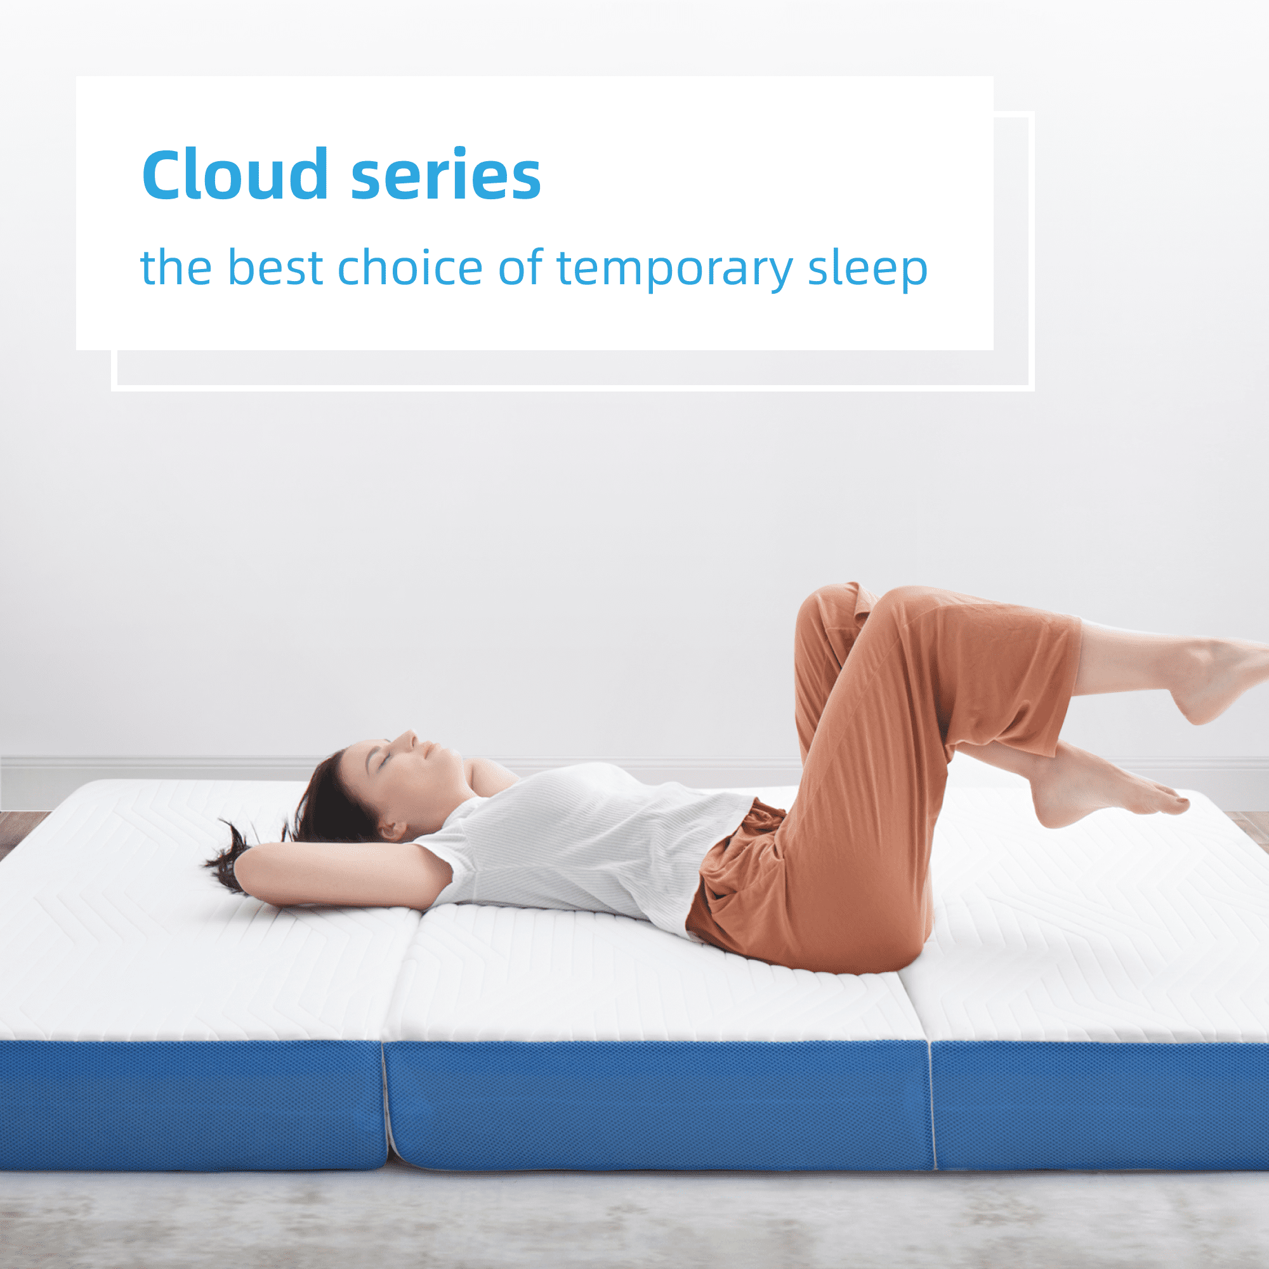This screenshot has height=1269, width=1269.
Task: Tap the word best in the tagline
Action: pos(275,267)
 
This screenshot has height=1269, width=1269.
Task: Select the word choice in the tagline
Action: pos(411,267)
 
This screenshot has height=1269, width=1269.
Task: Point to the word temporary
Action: pos(675,269)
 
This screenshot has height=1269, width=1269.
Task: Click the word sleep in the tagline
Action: pos(867,269)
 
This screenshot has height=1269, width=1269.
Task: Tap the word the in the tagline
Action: pos(176,267)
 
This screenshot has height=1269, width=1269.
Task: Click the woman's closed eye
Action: pos(386,758)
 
